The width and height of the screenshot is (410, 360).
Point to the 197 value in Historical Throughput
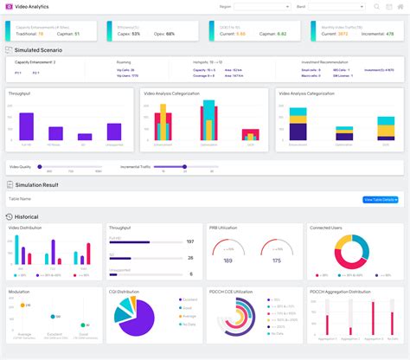point(190,242)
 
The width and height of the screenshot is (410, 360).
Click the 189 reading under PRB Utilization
point(227,260)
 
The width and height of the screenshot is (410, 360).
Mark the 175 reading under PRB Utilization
point(276,260)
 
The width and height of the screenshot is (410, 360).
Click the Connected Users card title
point(327,228)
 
